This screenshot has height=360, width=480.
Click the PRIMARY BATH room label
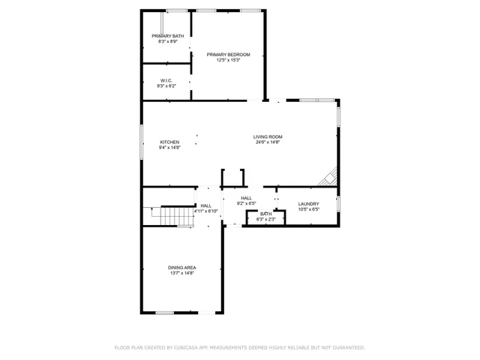click(x=167, y=36)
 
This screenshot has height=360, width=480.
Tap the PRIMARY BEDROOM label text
click(x=228, y=54)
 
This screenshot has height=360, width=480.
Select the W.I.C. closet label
click(x=167, y=80)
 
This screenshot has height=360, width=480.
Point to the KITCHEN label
click(x=169, y=142)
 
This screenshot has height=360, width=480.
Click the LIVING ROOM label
click(x=268, y=136)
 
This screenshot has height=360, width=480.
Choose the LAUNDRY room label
click(x=309, y=204)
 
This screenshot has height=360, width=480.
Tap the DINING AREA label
click(x=181, y=268)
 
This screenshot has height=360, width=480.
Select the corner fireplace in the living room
click(x=328, y=177)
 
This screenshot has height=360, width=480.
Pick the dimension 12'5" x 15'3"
click(x=228, y=60)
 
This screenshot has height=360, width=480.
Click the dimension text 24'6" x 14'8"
click(x=268, y=142)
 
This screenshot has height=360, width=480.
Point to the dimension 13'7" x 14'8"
click(x=181, y=274)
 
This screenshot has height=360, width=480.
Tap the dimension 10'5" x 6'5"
click(x=309, y=210)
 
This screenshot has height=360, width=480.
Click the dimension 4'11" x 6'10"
click(x=206, y=211)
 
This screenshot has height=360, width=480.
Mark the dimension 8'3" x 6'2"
click(x=167, y=86)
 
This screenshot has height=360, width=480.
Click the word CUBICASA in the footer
click(x=186, y=348)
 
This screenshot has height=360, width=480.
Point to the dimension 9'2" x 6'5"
click(x=247, y=203)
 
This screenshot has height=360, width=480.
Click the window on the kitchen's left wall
click(x=142, y=142)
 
